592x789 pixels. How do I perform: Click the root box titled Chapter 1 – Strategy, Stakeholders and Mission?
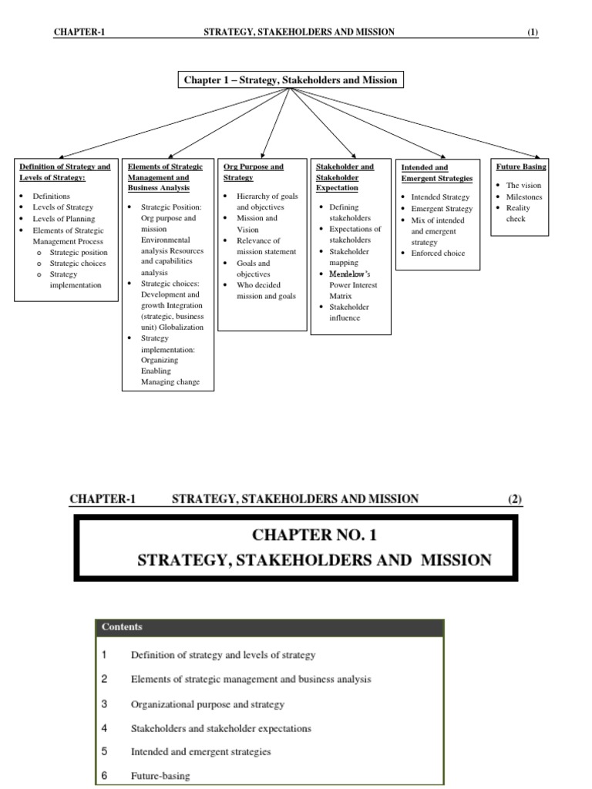tap(290, 80)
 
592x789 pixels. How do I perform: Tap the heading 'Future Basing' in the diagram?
tap(522, 166)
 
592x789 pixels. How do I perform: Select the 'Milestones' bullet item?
tap(524, 196)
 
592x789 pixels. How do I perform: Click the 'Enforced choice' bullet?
tap(438, 253)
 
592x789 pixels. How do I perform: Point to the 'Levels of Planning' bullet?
tap(64, 219)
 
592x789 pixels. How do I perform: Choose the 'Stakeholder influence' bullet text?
tap(349, 312)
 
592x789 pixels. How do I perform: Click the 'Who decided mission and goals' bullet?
tap(265, 290)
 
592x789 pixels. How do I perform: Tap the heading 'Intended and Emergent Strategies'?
tap(436, 173)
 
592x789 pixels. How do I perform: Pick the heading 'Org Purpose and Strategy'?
tap(253, 172)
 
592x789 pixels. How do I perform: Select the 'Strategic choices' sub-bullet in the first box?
tap(78, 263)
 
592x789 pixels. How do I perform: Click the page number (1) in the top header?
tap(533, 32)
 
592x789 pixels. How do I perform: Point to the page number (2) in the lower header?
tap(514, 499)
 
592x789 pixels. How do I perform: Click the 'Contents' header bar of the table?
tap(268, 627)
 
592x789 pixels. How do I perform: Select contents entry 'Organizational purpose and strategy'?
tap(207, 704)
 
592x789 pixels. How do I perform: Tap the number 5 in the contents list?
tap(104, 751)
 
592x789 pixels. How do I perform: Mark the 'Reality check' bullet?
tap(517, 213)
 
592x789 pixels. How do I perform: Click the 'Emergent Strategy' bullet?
tap(442, 208)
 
